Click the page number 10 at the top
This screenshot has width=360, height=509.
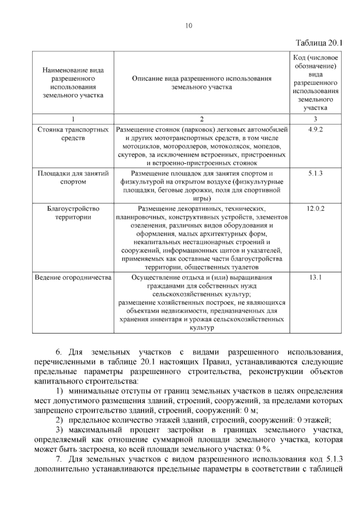[189, 26]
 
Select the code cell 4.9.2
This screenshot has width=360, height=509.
[315, 130]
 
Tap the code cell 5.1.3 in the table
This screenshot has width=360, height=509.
[315, 173]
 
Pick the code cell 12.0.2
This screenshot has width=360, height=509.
[315, 209]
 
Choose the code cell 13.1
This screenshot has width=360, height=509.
[315, 277]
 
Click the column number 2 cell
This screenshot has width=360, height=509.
[202, 119]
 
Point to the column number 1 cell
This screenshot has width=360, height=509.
[73, 119]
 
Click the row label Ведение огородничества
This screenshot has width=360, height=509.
[73, 277]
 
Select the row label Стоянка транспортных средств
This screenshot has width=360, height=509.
[73, 134]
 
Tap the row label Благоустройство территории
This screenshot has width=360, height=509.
[73, 213]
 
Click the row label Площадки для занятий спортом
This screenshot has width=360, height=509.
[73, 177]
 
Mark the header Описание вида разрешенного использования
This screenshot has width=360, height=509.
[202, 83]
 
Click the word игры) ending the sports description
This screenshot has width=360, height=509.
[202, 198]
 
